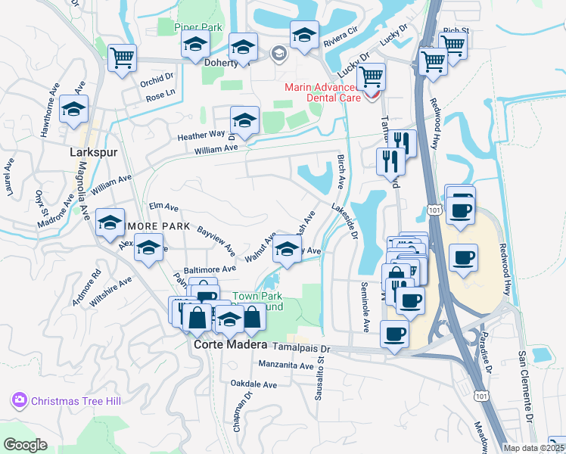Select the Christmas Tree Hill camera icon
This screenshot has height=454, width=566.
pos(20,400)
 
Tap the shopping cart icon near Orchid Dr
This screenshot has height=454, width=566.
pos(121,58)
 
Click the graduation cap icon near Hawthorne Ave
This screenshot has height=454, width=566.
pos(73,110)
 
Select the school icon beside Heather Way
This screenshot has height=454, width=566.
pos(244,120)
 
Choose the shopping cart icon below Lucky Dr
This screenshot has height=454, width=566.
pos(371,76)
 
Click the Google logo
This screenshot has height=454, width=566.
pos(25,445)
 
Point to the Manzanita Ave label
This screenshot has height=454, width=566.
pos(285,365)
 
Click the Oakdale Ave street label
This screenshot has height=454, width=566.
pos(253,384)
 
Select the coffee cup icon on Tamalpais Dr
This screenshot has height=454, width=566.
pos(393,334)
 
